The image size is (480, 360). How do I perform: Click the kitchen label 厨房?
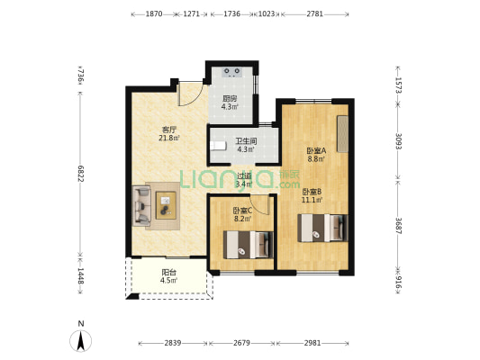230,99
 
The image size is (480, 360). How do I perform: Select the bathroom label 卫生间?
246,141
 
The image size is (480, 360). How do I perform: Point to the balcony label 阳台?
168,272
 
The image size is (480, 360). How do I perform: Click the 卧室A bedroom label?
316,150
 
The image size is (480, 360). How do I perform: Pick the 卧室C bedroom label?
242,211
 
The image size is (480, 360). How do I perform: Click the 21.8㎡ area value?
169,139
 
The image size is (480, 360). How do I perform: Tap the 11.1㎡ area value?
312,201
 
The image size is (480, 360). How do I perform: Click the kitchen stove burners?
231,72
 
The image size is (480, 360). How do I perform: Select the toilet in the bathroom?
218,146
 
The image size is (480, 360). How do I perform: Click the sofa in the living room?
141,205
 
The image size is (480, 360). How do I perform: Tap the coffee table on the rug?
166,205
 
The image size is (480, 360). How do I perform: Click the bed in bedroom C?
249,245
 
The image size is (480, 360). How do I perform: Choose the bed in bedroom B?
323,228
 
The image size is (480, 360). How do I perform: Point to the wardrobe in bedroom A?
342,133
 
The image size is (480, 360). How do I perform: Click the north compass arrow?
81,341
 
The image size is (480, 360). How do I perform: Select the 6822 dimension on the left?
80,174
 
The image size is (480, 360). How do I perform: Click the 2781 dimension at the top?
315,14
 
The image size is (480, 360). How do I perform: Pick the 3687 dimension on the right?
398,226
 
